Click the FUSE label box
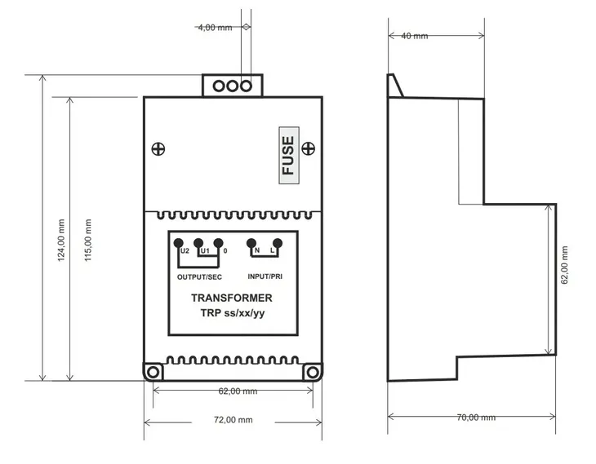coord(289,155)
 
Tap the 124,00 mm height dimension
coord(61,240)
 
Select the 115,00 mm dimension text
coord(88,240)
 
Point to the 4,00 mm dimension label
coord(215,28)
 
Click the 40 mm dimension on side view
coord(414,36)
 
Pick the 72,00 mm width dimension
coord(233,420)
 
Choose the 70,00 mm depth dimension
coord(476,418)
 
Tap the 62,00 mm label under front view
coord(238,391)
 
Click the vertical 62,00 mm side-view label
coord(564,265)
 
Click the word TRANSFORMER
coord(232,298)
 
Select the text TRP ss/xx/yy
coord(232,313)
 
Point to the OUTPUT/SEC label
coord(199,277)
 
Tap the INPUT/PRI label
coord(265,276)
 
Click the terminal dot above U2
coord(178,243)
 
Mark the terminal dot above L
coord(278,243)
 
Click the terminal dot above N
coord(251,243)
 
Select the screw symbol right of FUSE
coord(309,148)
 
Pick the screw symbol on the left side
coord(158,149)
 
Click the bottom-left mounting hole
coord(153,372)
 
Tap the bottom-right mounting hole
coord(313,372)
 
